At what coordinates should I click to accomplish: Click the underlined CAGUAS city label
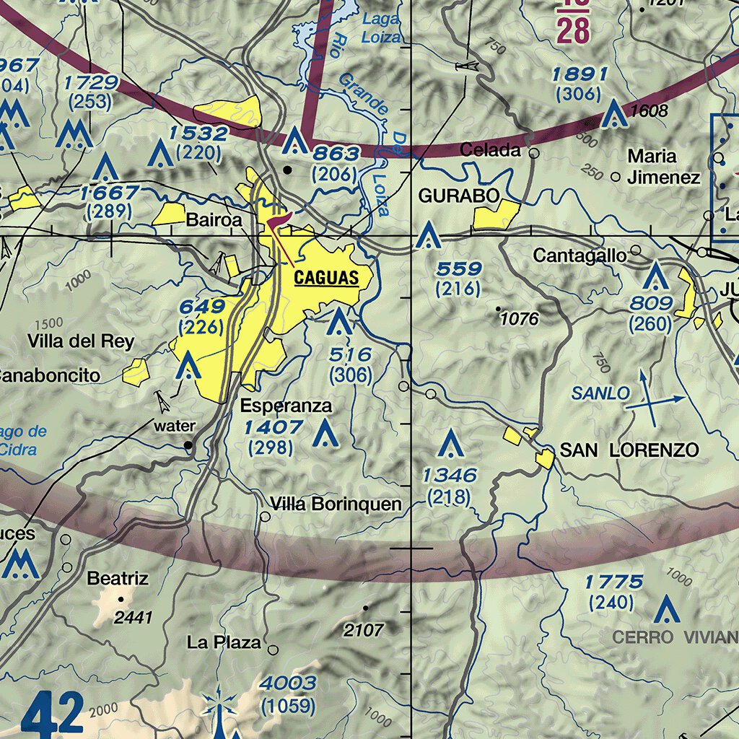(x=325, y=277)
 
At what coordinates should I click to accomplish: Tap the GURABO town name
(x=459, y=196)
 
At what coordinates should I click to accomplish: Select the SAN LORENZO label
(x=629, y=450)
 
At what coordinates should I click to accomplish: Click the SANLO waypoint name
(x=600, y=393)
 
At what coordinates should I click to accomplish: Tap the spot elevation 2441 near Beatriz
(x=134, y=617)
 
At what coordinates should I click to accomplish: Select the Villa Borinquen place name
(x=336, y=504)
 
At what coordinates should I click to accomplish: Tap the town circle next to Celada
(x=534, y=153)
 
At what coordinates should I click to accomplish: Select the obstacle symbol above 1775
(x=664, y=610)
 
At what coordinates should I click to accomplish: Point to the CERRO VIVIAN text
(x=675, y=637)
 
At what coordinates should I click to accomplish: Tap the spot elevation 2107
(x=363, y=630)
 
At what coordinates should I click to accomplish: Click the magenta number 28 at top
(x=573, y=30)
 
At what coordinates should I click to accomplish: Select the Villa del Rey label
(x=71, y=341)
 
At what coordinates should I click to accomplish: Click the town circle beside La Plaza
(x=273, y=650)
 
